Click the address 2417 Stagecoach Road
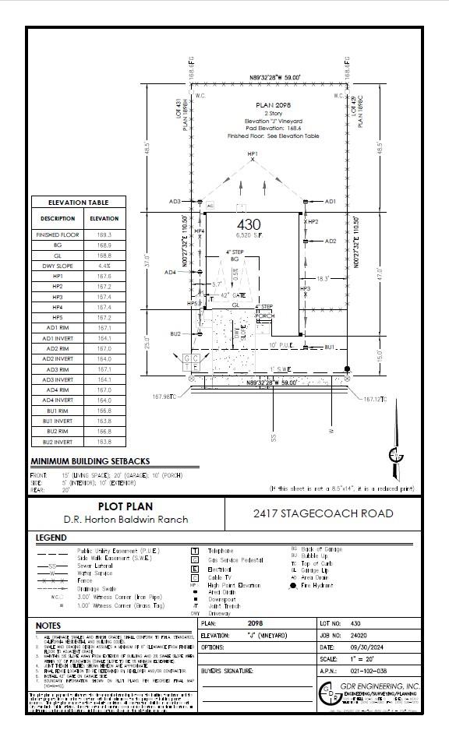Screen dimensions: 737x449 pyautogui.click(x=323, y=513)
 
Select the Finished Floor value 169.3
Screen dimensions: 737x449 pyautogui.click(x=104, y=235)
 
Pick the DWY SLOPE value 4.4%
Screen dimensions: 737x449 pyautogui.click(x=104, y=266)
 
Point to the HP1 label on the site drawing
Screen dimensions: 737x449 pyautogui.click(x=253, y=156)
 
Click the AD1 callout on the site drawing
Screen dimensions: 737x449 pyautogui.click(x=330, y=201)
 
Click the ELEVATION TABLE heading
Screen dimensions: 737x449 pyautogui.click(x=78, y=203)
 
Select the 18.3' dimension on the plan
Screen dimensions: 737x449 pyautogui.click(x=323, y=278)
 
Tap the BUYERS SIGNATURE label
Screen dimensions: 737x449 pyautogui.click(x=228, y=670)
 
